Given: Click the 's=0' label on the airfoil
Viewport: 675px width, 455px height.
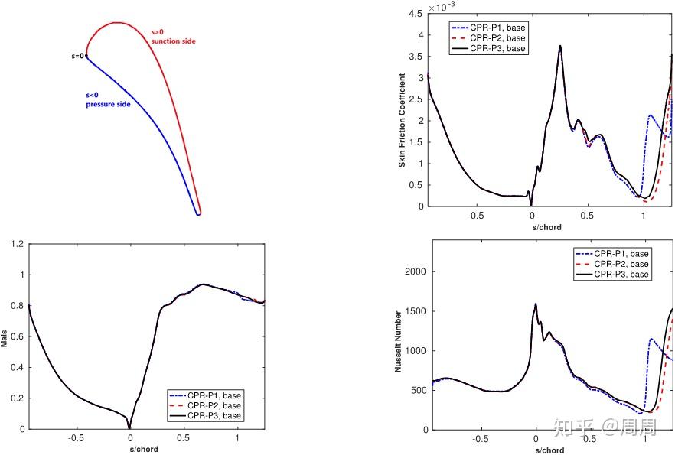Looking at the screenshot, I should (77, 56).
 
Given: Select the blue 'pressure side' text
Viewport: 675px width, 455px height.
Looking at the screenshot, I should (107, 103).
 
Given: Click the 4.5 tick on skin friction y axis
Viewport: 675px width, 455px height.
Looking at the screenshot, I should (416, 14).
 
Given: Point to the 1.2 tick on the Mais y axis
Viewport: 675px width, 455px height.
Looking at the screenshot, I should (17, 244).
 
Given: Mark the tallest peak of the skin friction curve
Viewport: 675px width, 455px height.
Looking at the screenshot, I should (560, 46).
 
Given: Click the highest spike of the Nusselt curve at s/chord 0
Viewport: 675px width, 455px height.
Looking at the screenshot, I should (536, 304).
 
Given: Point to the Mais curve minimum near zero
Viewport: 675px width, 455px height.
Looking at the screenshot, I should (129, 427).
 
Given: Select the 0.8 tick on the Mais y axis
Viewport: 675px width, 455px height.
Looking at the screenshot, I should (17, 306).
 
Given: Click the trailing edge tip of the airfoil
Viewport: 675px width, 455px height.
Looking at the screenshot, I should (197, 214).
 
